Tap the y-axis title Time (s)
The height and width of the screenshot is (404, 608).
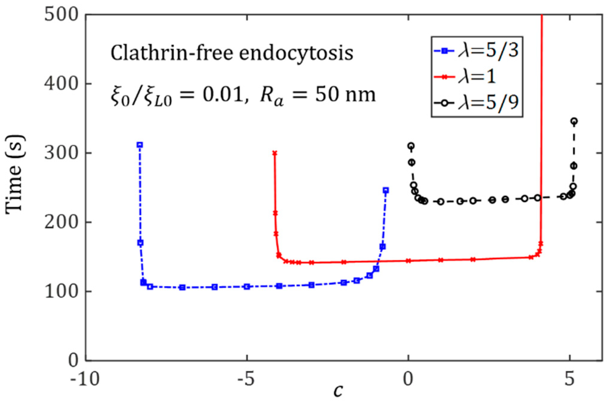coord(14,175)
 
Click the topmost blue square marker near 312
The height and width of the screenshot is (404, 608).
coord(140,145)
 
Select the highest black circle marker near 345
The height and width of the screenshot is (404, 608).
coord(574,121)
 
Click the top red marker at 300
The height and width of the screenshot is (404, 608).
coord(275,153)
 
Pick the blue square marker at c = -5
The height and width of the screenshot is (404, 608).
coord(247,287)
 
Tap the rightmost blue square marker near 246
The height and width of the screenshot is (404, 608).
coord(386,190)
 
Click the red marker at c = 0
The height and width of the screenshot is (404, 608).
coord(408,261)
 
